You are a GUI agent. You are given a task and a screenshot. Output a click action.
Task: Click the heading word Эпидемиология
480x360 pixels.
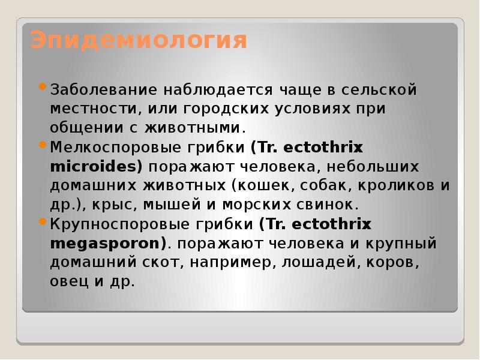pyautogui.click(x=138, y=41)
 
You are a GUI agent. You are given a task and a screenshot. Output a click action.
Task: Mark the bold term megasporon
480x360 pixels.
pyautogui.click(x=107, y=244)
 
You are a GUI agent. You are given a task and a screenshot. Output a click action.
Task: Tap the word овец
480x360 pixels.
pyautogui.click(x=71, y=281)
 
